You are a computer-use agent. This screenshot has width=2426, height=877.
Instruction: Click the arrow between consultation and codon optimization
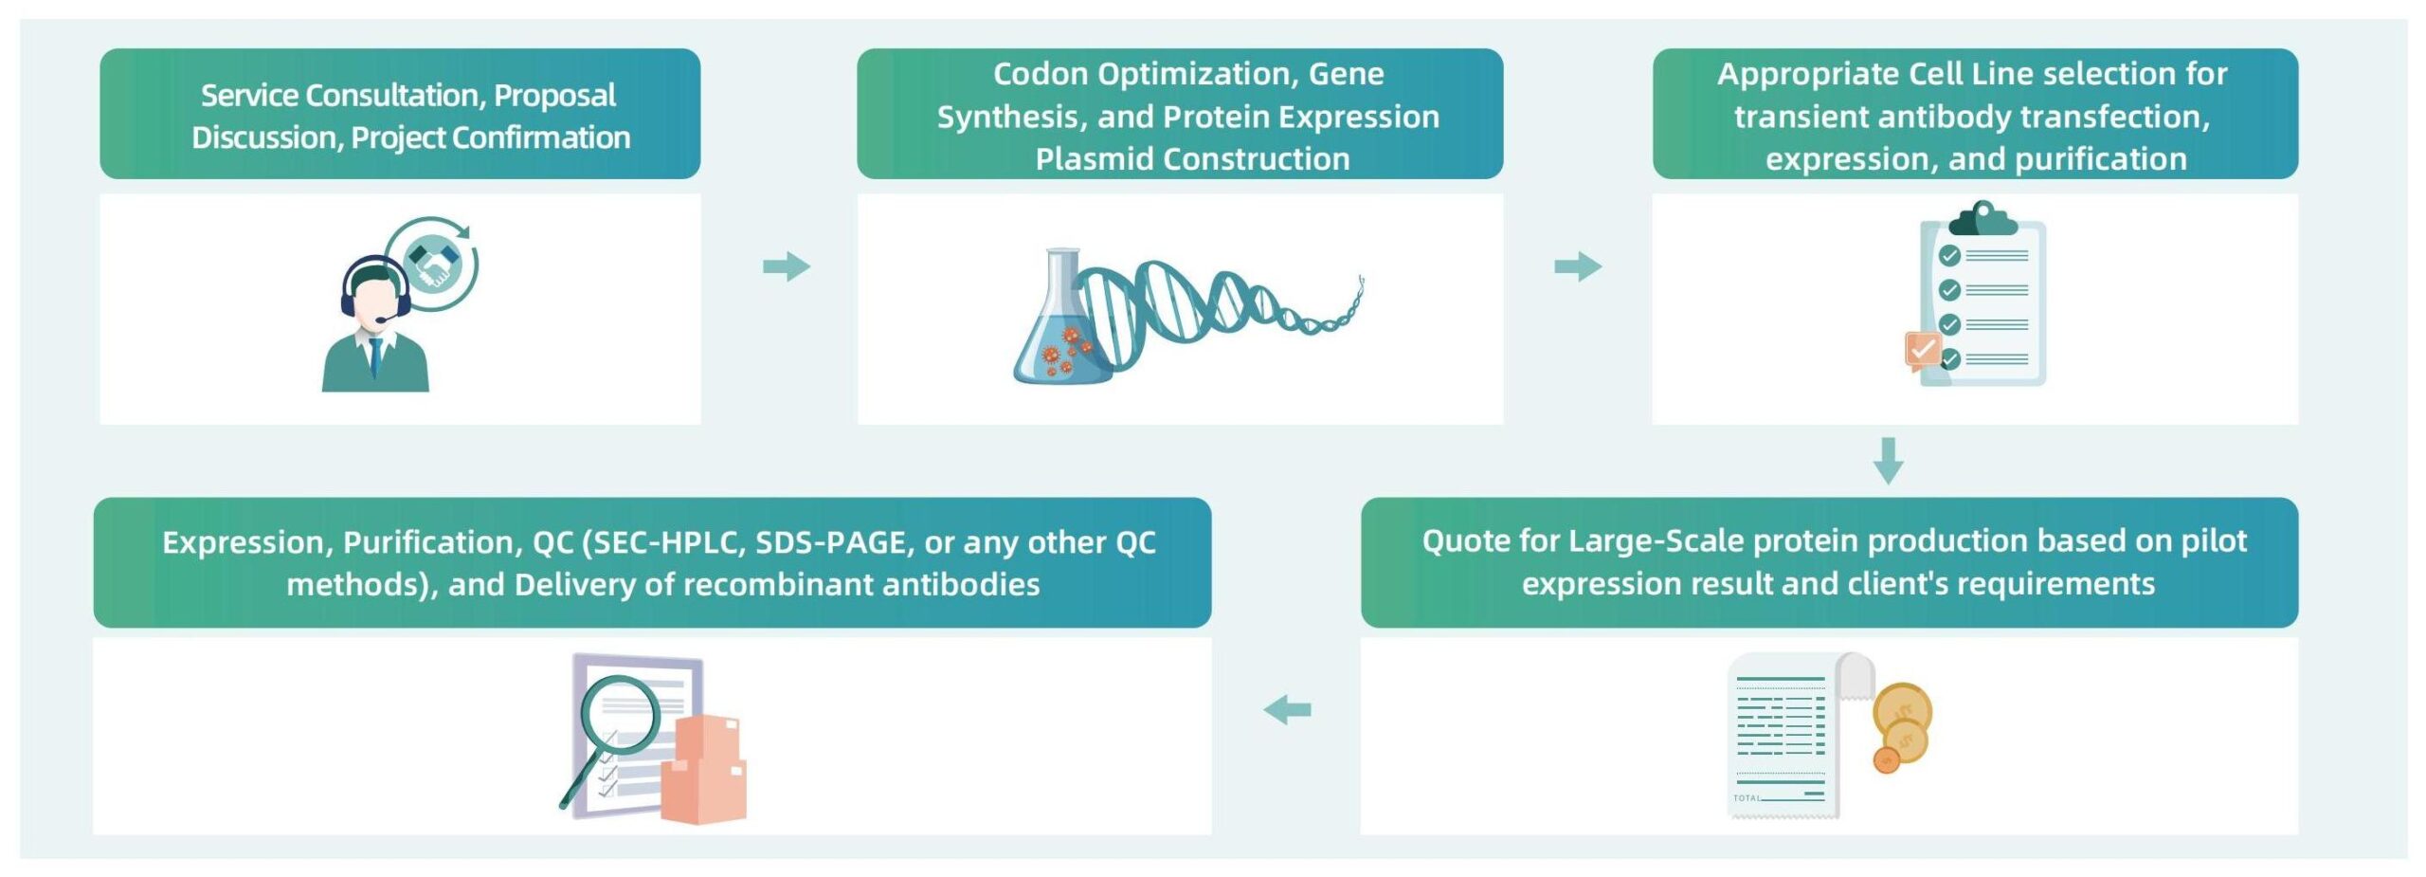(x=787, y=266)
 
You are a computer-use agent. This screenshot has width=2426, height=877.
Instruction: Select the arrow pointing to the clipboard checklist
(x=1578, y=266)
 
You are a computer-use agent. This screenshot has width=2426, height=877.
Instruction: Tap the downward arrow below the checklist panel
(x=1888, y=461)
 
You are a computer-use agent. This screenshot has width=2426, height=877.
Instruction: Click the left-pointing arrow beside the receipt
(x=1287, y=709)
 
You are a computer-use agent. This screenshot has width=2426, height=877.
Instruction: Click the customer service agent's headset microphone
(x=381, y=320)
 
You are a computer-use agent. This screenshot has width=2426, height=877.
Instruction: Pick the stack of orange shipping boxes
(x=703, y=769)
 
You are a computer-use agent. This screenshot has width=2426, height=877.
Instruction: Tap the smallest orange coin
(x=1886, y=759)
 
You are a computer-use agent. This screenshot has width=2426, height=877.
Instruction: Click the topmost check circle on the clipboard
(x=1949, y=256)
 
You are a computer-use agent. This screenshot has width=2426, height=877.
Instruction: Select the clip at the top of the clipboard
(x=1982, y=219)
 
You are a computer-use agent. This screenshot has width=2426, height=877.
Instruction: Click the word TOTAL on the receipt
(x=1747, y=798)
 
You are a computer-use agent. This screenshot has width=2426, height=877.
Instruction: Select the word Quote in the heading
(x=1466, y=541)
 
